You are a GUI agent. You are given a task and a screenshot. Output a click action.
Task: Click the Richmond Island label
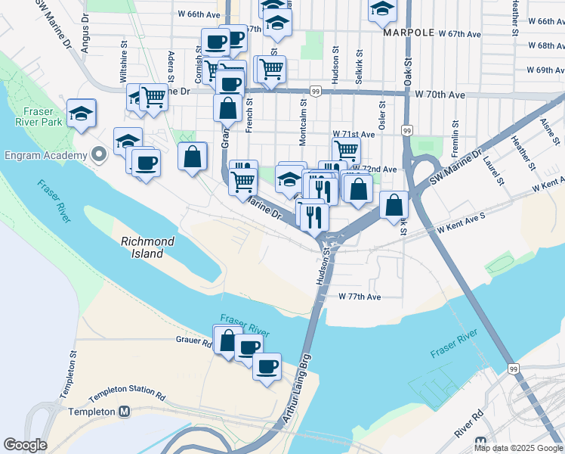pyautogui.click(x=148, y=247)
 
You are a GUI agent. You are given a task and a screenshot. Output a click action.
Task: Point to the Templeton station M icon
pyautogui.click(x=125, y=412)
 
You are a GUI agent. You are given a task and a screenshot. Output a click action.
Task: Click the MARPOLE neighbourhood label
pyautogui.click(x=408, y=33)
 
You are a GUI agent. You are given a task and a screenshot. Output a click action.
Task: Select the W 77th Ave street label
pyautogui.click(x=360, y=297)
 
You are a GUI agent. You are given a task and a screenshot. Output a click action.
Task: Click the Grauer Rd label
pyautogui.click(x=193, y=342)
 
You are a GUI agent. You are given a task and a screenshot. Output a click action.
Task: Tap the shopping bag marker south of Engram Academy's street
pyautogui.click(x=193, y=157)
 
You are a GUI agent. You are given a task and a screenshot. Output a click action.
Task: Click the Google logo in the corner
pyautogui.click(x=25, y=445)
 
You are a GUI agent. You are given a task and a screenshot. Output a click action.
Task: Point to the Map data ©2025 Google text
pyautogui.click(x=518, y=448)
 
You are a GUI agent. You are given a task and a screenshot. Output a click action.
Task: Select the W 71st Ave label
pyautogui.click(x=354, y=134)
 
